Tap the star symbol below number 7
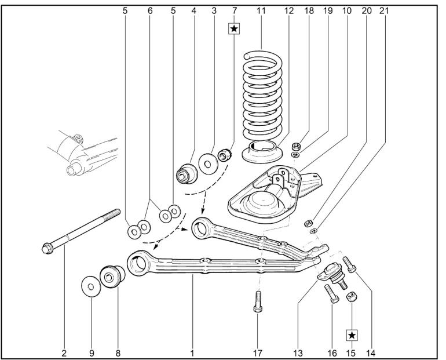(234, 29)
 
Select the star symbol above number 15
(352, 335)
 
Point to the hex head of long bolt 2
(46, 249)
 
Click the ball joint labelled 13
(332, 275)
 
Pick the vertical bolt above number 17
(257, 301)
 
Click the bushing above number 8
(112, 277)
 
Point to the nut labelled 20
(308, 223)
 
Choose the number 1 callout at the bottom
(192, 353)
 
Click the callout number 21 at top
(383, 11)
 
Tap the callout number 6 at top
(150, 11)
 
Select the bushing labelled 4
(187, 173)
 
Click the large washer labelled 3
(208, 163)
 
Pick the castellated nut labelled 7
(225, 155)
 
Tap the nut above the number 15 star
(352, 297)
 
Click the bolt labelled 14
(350, 264)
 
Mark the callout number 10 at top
(346, 11)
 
